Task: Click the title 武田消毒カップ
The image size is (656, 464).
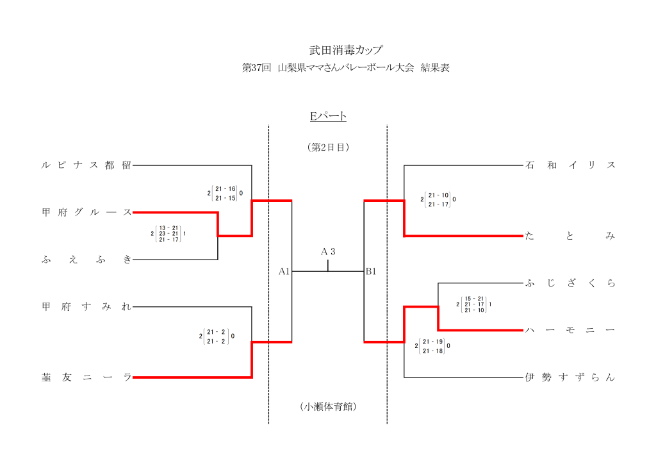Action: [x=328, y=49]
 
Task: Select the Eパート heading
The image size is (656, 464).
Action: [x=328, y=116]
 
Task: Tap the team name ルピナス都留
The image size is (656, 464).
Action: [x=86, y=165]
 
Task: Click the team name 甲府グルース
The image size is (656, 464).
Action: [x=86, y=212]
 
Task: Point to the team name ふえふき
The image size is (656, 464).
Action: [x=86, y=260]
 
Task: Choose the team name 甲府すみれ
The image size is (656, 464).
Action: [x=86, y=307]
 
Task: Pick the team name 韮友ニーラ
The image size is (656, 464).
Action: [x=86, y=377]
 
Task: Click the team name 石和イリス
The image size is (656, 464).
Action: [x=570, y=165]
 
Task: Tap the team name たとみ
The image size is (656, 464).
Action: [x=570, y=236]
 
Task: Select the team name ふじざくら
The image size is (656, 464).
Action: [x=570, y=283]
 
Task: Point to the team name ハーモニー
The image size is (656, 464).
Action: [x=570, y=330]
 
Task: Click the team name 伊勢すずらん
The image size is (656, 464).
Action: [x=570, y=377]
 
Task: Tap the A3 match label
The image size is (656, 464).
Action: [x=328, y=251]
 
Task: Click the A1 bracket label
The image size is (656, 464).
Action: [x=284, y=272]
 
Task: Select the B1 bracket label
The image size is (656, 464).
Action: [x=371, y=272]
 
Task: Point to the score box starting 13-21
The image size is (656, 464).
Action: [x=168, y=233]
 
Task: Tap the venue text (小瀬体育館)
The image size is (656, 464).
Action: [x=328, y=406]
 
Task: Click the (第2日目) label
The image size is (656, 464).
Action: [x=328, y=147]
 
